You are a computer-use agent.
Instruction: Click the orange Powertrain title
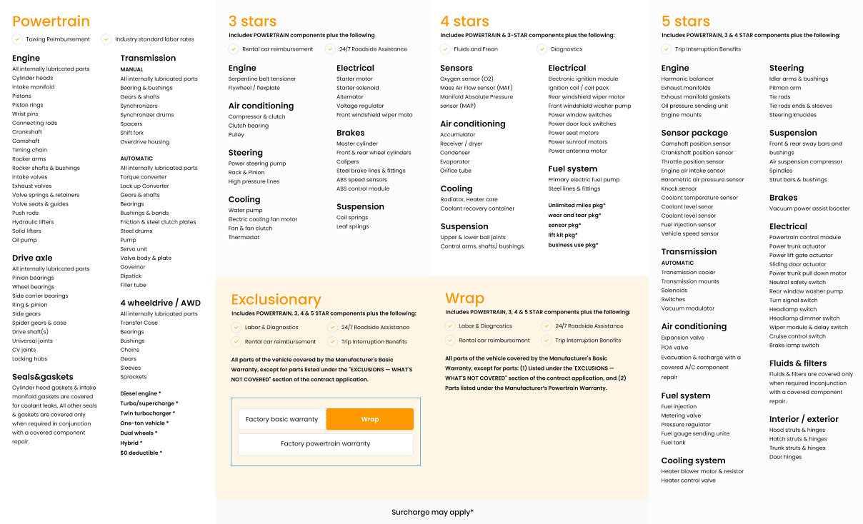[x=51, y=22]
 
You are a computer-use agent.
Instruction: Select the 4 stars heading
[x=464, y=21]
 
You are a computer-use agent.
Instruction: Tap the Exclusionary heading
[x=276, y=300]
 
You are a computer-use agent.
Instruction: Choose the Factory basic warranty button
[x=281, y=419]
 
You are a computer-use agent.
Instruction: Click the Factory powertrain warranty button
[x=325, y=443]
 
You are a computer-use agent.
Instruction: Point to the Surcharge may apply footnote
[x=432, y=512]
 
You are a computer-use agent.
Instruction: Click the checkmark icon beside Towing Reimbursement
[x=16, y=39]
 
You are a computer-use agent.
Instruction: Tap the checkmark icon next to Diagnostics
[x=542, y=49]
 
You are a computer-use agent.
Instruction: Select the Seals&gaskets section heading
[x=42, y=377]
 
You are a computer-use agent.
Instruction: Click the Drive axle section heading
[x=32, y=258]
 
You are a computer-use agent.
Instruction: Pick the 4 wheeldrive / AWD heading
[x=160, y=303]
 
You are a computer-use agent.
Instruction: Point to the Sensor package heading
[x=694, y=133]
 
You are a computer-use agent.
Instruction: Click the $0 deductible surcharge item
[x=141, y=453]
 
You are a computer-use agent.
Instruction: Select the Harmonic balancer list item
[x=687, y=79]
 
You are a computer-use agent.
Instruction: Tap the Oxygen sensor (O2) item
[x=467, y=79]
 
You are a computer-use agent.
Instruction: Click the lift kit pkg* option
[x=563, y=235]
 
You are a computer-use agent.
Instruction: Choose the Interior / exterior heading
[x=804, y=419]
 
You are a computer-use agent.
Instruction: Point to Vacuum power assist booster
[x=809, y=208]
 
